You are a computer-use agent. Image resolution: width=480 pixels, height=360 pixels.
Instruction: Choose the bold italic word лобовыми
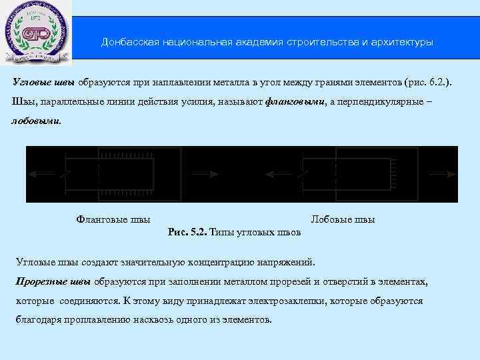click(x=35, y=121)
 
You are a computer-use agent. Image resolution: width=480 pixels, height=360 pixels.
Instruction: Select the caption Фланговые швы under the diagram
click(x=113, y=219)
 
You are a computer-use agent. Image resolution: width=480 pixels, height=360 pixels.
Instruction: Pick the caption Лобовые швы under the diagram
click(x=343, y=219)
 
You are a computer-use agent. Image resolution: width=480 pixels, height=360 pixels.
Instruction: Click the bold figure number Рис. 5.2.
click(x=189, y=232)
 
